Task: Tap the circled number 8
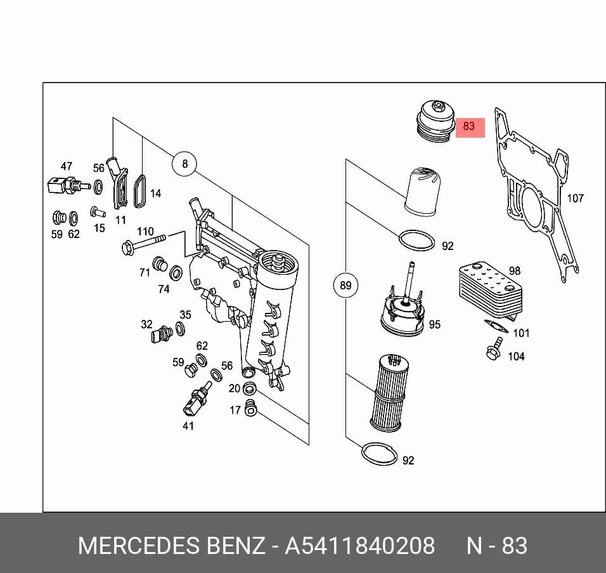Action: (184, 164)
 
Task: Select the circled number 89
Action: (345, 286)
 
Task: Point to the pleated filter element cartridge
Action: (389, 392)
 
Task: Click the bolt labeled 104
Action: (494, 348)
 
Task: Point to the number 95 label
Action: (434, 324)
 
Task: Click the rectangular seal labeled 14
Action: (139, 191)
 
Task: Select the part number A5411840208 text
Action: (359, 546)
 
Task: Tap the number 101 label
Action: (521, 333)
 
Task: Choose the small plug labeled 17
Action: (251, 408)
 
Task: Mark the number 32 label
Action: (146, 324)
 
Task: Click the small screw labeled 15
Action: (98, 212)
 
